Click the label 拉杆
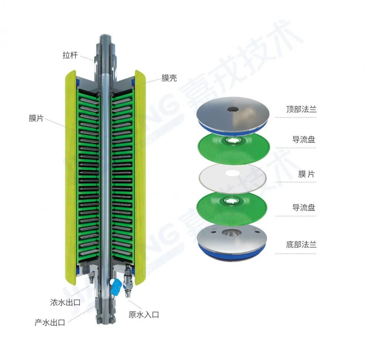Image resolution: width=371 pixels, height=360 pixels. click(70, 55)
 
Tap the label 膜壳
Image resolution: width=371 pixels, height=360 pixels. click(169, 78)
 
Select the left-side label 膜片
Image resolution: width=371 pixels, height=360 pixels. click(36, 118)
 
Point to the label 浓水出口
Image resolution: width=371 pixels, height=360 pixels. click(65, 302)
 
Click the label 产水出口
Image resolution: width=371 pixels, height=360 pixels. click(50, 322)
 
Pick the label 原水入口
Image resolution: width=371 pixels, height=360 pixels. click(144, 315)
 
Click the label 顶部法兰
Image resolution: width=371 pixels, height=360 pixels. click(301, 109)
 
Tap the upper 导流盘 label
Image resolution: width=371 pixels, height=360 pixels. click(304, 140)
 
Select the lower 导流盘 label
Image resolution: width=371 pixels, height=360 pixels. click(304, 207)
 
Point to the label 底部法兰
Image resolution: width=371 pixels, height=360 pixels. click(301, 244)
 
